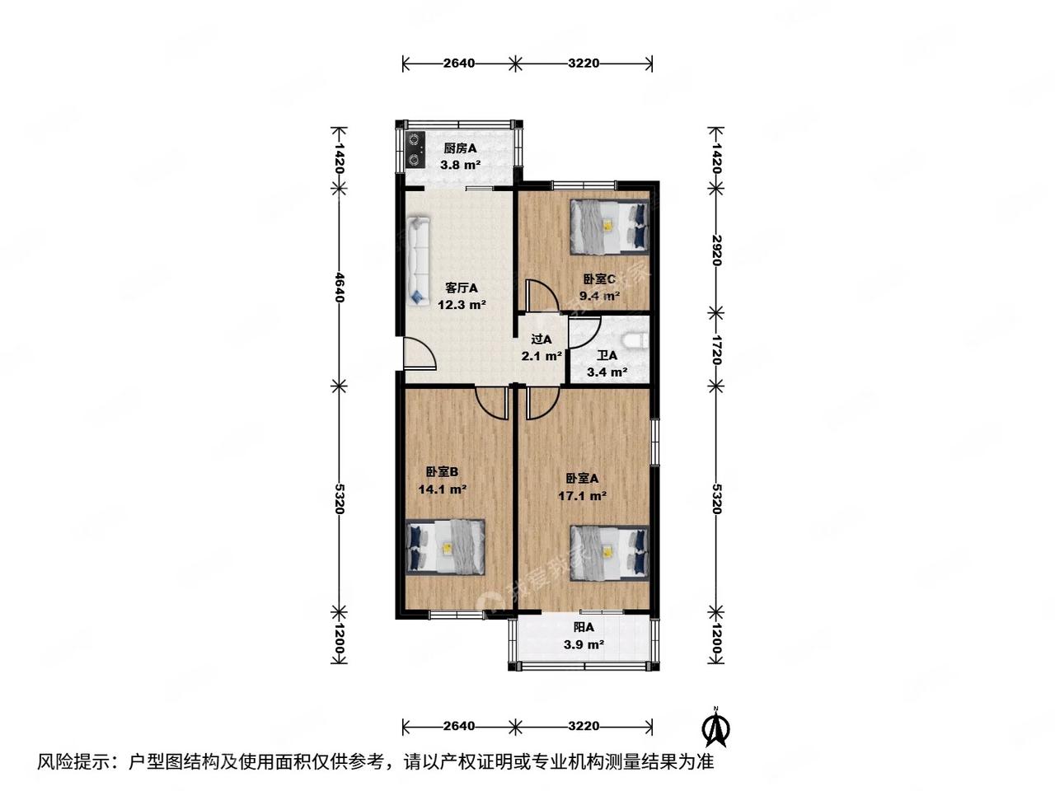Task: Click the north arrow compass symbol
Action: [717, 726]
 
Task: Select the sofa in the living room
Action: [418, 260]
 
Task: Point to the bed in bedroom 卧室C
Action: [609, 225]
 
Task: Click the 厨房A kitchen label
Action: [461, 148]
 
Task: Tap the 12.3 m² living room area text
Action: [462, 305]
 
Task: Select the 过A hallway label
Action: [542, 339]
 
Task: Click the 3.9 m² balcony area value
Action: [584, 645]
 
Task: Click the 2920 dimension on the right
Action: [715, 249]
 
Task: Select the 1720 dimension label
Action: [715, 349]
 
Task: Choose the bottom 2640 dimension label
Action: [459, 726]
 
